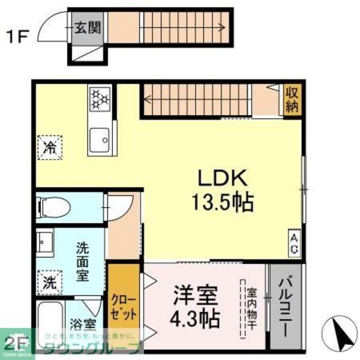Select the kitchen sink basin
click(100, 138)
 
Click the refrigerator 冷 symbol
click(50, 148)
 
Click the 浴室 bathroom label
click(83, 326)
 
